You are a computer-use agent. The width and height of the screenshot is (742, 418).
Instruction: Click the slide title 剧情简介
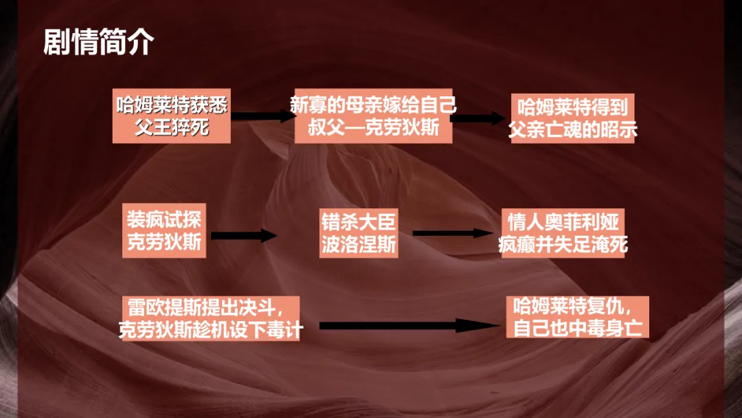pyautogui.click(x=98, y=43)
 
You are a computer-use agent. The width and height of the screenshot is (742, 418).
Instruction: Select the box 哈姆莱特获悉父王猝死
pyautogui.click(x=171, y=115)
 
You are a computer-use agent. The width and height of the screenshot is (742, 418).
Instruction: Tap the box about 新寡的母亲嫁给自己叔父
pyautogui.click(x=373, y=115)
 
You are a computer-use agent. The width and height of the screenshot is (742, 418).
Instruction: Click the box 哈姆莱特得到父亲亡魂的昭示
pyautogui.click(x=572, y=118)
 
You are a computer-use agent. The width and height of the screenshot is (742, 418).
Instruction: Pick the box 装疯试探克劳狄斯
pyautogui.click(x=164, y=230)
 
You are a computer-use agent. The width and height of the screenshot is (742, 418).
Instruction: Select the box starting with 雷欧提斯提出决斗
pyautogui.click(x=211, y=317)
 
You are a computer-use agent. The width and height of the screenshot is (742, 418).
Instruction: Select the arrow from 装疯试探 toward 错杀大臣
pyautogui.click(x=243, y=236)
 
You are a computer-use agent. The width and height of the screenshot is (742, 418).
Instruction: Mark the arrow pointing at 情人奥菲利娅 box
pyautogui.click(x=453, y=233)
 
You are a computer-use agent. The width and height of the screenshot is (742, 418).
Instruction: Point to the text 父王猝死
pyautogui.click(x=171, y=127)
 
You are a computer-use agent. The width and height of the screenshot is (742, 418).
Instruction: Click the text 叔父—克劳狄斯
pyautogui.click(x=373, y=128)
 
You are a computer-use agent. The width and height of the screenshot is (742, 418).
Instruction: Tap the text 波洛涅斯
pyautogui.click(x=359, y=244)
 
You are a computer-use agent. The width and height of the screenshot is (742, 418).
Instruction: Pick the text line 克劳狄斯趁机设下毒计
pyautogui.click(x=211, y=329)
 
